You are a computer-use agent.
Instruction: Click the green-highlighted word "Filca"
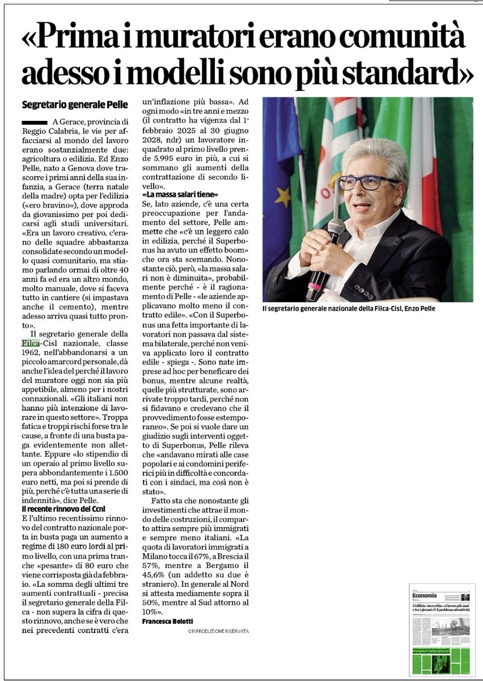point(30,343)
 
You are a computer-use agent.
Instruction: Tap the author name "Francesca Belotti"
point(168,621)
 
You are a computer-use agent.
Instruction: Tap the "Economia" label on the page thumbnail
point(425,595)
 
